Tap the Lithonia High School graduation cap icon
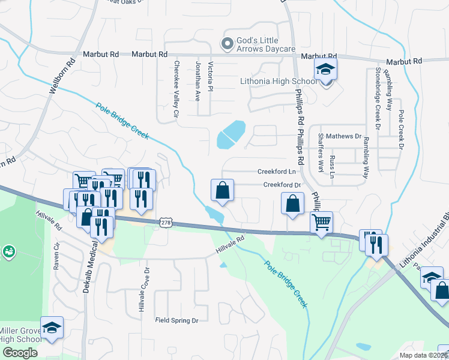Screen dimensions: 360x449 [x=325, y=70]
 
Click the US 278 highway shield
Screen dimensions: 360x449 [x=166, y=223]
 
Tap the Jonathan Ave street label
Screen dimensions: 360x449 [x=197, y=80]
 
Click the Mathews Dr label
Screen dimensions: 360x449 [x=344, y=136]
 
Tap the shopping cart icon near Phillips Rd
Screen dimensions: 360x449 [x=322, y=223]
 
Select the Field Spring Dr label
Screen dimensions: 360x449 [x=176, y=320]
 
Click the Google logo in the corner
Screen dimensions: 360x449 [x=20, y=353]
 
